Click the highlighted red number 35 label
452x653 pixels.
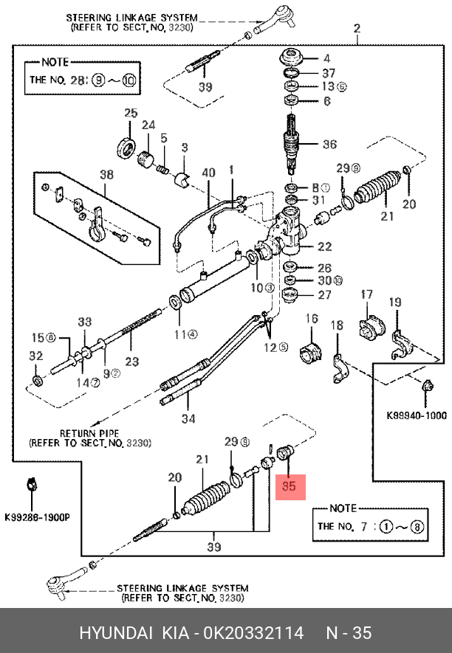point(290,487)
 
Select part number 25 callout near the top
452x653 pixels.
point(131,113)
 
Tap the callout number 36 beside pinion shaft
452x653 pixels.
point(329,145)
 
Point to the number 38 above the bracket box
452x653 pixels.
point(107,175)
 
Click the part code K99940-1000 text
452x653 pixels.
point(417,415)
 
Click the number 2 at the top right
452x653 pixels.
point(357,29)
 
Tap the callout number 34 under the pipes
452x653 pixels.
point(190,420)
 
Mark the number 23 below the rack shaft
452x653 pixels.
point(131,362)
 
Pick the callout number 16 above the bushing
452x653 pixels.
point(312,319)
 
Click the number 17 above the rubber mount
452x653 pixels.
point(367,296)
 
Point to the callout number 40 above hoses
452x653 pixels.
point(208,173)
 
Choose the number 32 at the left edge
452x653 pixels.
point(35,356)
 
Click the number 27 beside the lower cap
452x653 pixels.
point(324,295)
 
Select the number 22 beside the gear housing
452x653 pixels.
point(324,246)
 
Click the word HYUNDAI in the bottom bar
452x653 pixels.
point(114,633)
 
